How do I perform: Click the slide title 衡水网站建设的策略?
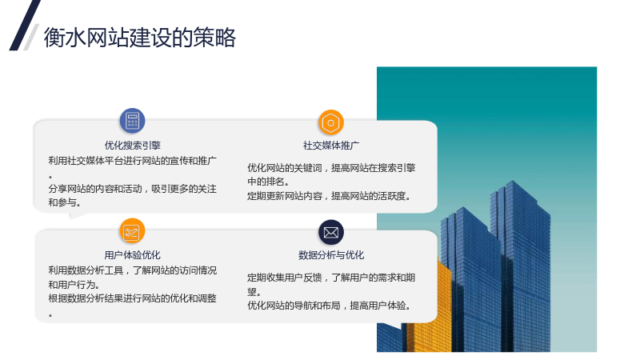point(139,38)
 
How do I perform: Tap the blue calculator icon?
point(132,121)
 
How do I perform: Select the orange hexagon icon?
point(330,122)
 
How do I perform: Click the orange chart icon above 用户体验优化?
point(132,231)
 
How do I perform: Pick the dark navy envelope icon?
point(331,232)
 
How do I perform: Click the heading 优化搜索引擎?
point(132,146)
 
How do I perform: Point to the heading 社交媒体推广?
point(331,146)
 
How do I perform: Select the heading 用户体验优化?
point(132,255)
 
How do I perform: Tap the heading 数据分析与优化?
point(331,255)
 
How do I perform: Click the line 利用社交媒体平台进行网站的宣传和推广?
point(132,161)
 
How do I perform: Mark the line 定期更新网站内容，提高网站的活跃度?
point(329,196)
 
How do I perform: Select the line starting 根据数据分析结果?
point(132,298)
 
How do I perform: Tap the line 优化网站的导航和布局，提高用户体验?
point(329,306)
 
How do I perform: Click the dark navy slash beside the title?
point(25,26)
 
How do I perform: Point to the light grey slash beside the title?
point(31,37)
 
